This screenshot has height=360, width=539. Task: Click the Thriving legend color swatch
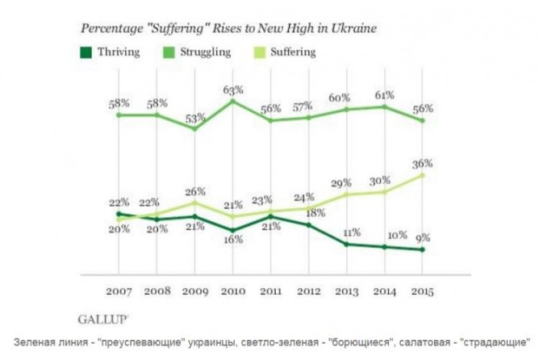pyautogui.click(x=83, y=52)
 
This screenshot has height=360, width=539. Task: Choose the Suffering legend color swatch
pyautogui.click(x=257, y=52)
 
